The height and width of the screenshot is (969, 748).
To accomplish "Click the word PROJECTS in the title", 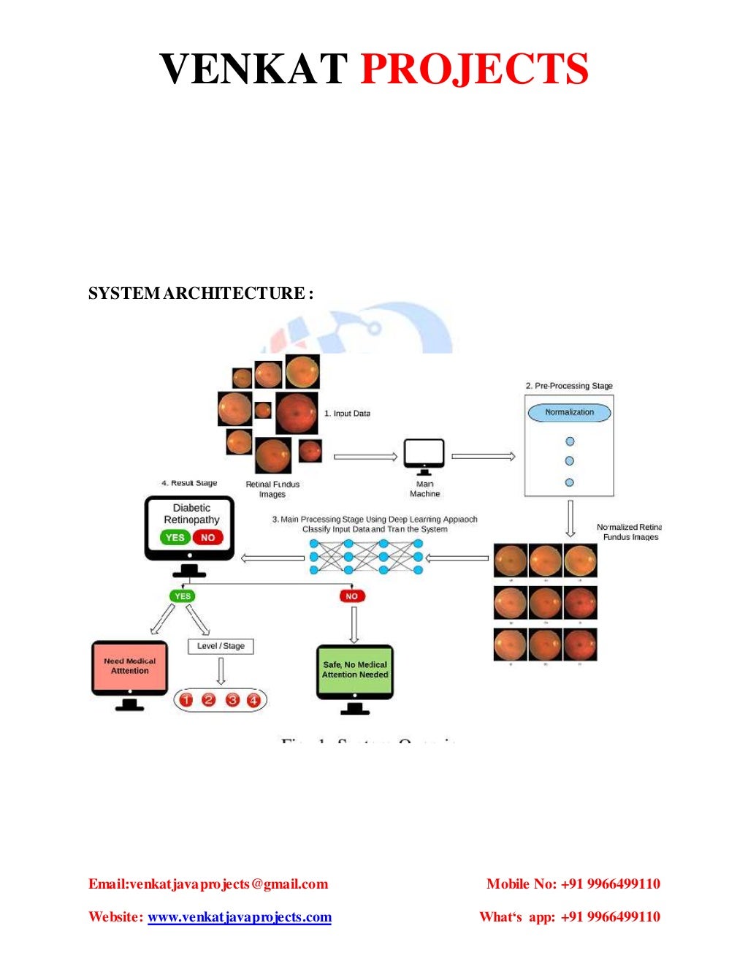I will tap(474, 69).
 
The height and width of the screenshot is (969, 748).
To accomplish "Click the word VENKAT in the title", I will tap(253, 69).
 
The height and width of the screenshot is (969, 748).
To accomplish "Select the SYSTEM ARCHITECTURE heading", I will tap(200, 294).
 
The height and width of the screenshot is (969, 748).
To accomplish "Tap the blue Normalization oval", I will tap(569, 412).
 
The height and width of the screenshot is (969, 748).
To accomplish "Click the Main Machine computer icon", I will tap(424, 456).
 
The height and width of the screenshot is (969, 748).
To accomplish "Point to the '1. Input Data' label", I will tap(347, 414).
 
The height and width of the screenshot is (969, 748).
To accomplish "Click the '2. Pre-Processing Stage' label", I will tap(569, 386).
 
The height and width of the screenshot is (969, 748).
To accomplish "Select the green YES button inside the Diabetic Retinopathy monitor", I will tap(175, 537).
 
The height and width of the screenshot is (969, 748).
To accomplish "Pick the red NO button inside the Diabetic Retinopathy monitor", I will tap(207, 537).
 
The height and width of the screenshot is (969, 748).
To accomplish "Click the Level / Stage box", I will tap(221, 646).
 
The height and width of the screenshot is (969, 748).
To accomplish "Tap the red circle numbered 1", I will tap(186, 700).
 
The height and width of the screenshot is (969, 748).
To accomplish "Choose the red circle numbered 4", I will tap(253, 700).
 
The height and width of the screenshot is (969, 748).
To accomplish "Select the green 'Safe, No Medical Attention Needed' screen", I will tap(355, 670).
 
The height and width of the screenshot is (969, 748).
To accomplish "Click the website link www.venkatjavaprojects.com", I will tap(240, 917).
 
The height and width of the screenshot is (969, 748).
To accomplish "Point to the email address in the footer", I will tap(208, 884).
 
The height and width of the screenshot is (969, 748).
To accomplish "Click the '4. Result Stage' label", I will tap(189, 483).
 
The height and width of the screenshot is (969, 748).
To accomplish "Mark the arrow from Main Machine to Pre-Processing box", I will tap(483, 457).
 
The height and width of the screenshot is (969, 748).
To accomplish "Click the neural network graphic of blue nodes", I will tap(366, 558).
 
